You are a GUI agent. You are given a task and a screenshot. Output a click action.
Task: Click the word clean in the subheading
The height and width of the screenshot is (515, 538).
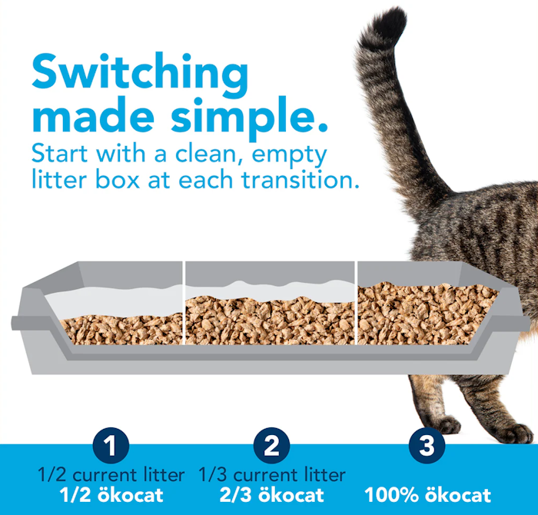coord(209,154)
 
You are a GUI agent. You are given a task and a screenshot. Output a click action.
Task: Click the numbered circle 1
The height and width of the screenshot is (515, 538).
coord(111,445)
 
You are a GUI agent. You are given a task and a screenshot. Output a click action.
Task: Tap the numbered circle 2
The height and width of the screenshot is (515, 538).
coord(271,445)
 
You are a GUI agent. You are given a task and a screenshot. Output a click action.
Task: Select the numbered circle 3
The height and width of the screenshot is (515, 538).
coord(427,445)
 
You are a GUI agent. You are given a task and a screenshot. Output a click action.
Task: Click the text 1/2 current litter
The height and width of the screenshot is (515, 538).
coord(111,475)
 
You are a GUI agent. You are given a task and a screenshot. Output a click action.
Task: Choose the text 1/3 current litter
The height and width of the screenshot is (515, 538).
coord(272,475)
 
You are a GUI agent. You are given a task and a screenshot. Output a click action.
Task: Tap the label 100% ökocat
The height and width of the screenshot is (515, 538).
coord(427,495)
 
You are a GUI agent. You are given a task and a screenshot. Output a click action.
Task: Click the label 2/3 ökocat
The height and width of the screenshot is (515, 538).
coord(272,495)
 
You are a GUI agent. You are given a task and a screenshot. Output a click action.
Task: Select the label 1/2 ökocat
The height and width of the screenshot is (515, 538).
coord(111,495)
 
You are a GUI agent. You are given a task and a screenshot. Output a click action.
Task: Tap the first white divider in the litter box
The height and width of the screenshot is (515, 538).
coord(184,303)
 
